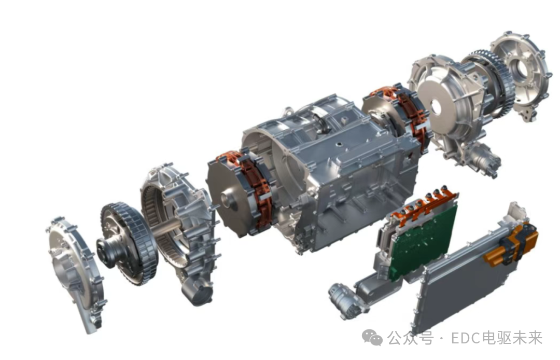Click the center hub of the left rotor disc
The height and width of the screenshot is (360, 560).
pos(229,201)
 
